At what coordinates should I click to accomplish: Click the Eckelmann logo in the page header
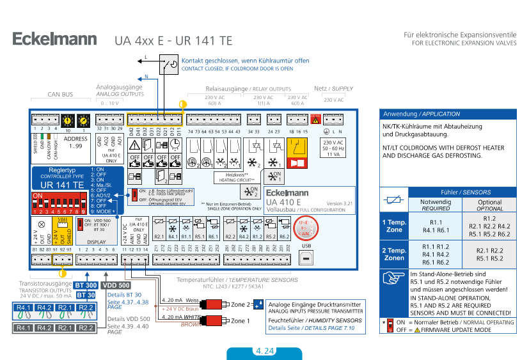point(55,40)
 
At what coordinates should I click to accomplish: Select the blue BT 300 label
point(86,285)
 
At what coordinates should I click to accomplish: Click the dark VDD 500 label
point(116,285)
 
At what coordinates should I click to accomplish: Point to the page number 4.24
point(264,351)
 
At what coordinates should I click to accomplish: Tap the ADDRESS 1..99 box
point(76,142)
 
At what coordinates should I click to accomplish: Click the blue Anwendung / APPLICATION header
point(447,114)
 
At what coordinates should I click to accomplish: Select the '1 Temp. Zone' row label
point(394,226)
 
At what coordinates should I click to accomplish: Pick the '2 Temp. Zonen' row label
point(394,254)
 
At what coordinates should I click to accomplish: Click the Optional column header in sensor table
point(490,205)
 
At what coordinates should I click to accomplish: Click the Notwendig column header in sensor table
point(436,205)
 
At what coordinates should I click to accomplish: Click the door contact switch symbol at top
point(170,65)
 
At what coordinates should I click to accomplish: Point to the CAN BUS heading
point(61,94)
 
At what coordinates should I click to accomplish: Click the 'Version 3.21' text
point(340,203)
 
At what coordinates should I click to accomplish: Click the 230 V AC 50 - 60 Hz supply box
point(333,148)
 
